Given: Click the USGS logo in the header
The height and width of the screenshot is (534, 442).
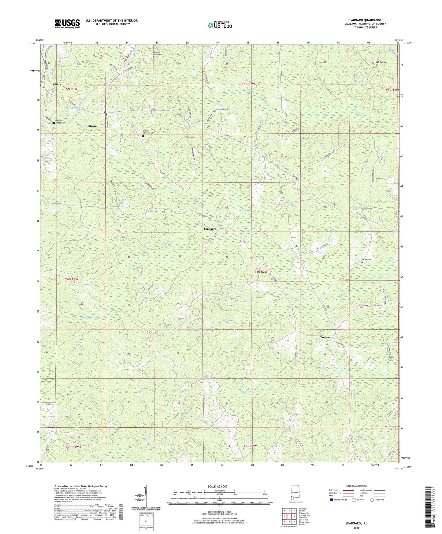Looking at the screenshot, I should (67, 23).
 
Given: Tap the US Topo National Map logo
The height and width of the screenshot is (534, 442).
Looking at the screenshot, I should (219, 25).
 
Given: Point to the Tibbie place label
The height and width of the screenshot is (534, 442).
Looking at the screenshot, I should (57, 84).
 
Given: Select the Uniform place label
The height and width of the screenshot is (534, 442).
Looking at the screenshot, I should (91, 126).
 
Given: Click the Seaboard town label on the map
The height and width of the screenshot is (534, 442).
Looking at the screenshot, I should (210, 229).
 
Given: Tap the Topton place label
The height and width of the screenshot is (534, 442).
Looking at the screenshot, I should (325, 337).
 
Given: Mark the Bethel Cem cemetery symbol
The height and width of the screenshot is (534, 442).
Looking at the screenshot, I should (362, 262).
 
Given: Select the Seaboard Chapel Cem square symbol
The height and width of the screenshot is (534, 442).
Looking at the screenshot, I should (54, 123).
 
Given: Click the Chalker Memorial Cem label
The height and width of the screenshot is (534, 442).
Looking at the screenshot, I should (148, 133).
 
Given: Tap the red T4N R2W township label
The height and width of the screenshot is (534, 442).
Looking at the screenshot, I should (261, 272).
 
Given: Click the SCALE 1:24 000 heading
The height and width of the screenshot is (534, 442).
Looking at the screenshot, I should (217, 486).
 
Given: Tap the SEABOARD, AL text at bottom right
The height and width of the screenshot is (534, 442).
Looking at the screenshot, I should (356, 523).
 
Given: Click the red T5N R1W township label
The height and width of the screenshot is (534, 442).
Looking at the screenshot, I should (392, 90).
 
